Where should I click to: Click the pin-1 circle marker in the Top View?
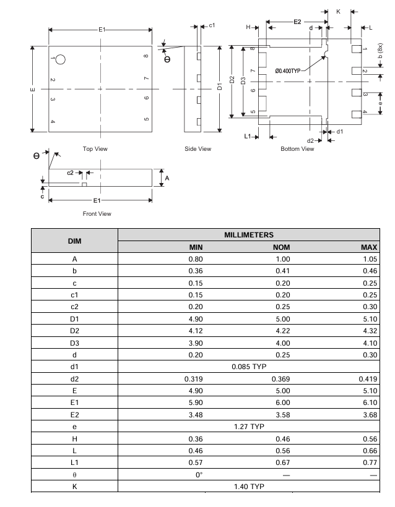[61, 59]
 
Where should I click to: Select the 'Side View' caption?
[198, 148]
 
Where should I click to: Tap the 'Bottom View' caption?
[297, 148]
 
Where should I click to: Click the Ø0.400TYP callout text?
[288, 71]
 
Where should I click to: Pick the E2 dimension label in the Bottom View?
[297, 22]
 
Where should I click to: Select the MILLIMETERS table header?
[248, 235]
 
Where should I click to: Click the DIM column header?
[74, 241]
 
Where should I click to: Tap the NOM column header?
[282, 247]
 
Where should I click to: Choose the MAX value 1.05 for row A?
[370, 259]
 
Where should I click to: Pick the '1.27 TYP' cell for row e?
[248, 426]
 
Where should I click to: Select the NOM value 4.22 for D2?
[282, 331]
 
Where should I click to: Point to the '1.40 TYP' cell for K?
[248, 487]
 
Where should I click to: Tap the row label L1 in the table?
[74, 462]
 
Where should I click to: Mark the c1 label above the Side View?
[212, 25]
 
